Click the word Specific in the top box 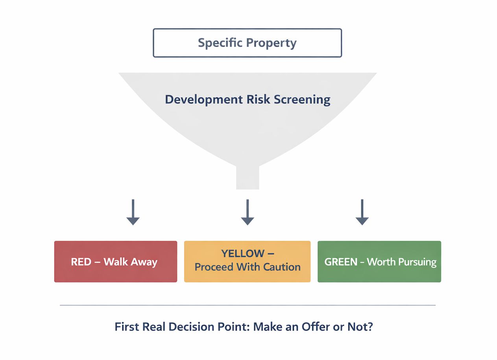[220, 42]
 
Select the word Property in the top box [272, 43]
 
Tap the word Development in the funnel [204, 100]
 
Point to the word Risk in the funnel [259, 99]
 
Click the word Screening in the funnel [302, 100]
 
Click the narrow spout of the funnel [248, 177]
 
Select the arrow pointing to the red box [133, 212]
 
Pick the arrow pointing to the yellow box [248, 212]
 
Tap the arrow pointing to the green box [362, 212]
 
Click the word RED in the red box [81, 262]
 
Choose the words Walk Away [131, 262]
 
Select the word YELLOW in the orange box [243, 253]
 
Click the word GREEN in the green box [341, 262]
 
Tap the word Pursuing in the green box [418, 263]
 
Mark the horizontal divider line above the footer [248, 305]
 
